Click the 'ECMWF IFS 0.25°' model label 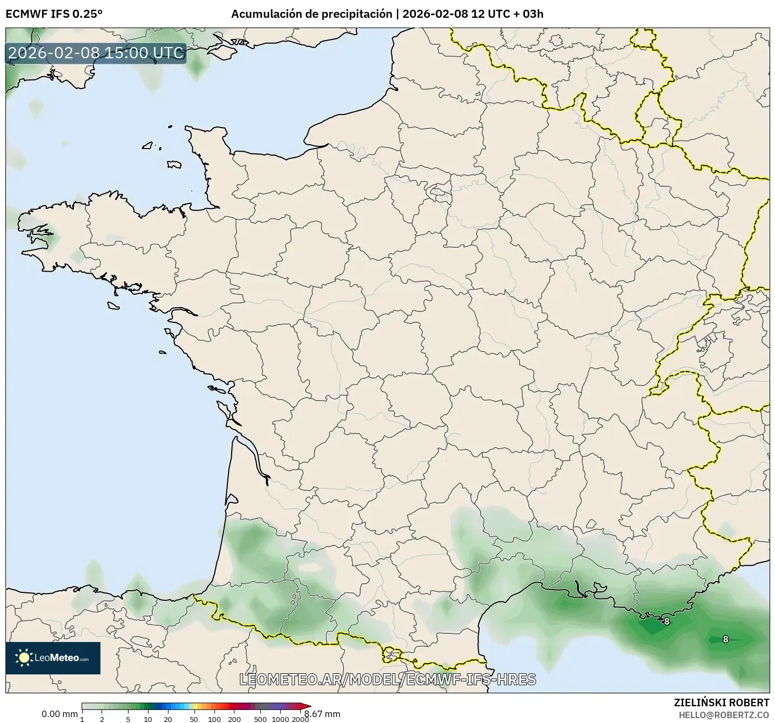pyautogui.click(x=54, y=14)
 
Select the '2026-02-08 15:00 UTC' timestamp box pyautogui.click(x=96, y=53)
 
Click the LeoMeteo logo pyautogui.click(x=53, y=658)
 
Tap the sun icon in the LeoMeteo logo pyautogui.click(x=24, y=658)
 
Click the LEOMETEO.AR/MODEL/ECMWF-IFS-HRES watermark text pyautogui.click(x=388, y=679)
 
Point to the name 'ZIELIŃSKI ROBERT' pyautogui.click(x=722, y=702)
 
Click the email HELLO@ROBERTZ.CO pyautogui.click(x=724, y=715)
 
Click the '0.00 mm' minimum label pyautogui.click(x=59, y=714)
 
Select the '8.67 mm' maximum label pyautogui.click(x=323, y=714)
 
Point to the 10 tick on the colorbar pyautogui.click(x=148, y=719)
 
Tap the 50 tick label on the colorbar pyautogui.click(x=194, y=719)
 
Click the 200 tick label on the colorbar pyautogui.click(x=234, y=719)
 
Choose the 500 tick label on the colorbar pyautogui.click(x=260, y=719)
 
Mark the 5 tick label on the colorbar pyautogui.click(x=128, y=719)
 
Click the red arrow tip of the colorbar pyautogui.click(x=308, y=706)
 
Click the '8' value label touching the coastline pyautogui.click(x=667, y=621)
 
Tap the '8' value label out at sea pyautogui.click(x=725, y=639)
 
